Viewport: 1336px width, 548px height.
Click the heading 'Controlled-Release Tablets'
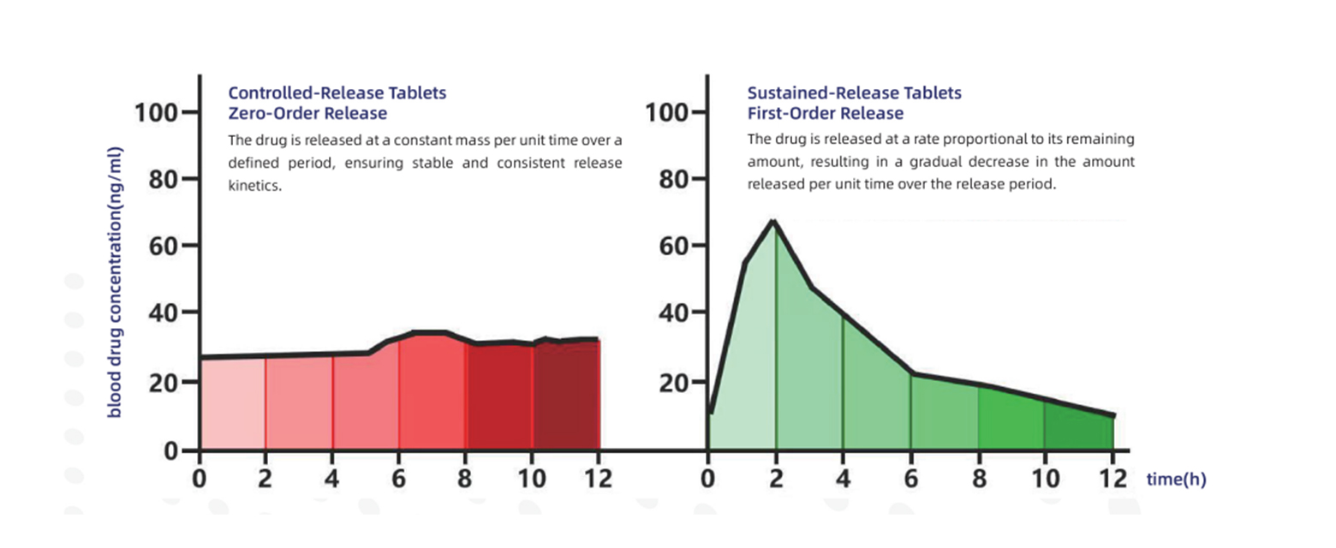(x=337, y=92)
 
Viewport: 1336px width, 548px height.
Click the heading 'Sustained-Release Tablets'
(x=854, y=92)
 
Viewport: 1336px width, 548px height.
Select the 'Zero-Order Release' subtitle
(x=307, y=113)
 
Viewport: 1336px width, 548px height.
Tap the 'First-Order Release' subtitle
(x=825, y=113)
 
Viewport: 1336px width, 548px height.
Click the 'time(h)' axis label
(x=1176, y=479)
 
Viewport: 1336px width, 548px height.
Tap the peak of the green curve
(x=774, y=221)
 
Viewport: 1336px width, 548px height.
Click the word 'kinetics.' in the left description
(x=254, y=186)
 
